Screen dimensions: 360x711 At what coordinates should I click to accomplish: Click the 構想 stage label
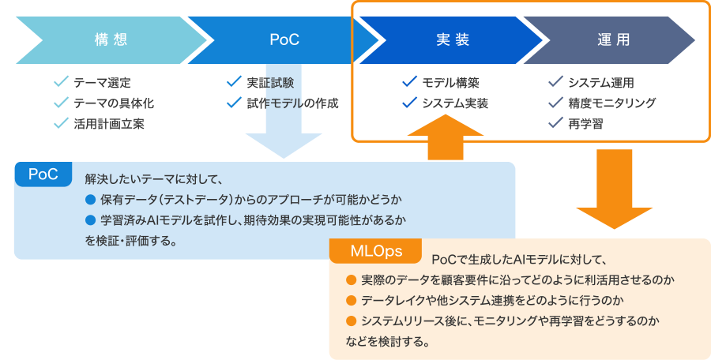(x=110, y=39)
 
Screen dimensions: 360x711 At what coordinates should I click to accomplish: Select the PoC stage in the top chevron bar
(x=284, y=39)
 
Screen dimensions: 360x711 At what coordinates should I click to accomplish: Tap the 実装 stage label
(x=453, y=39)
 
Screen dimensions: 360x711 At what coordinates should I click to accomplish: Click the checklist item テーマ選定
(x=102, y=82)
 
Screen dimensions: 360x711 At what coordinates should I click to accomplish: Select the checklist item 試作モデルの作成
(x=292, y=103)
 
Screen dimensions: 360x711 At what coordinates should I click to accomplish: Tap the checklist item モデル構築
(x=450, y=82)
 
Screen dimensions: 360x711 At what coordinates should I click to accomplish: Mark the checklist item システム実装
(x=454, y=103)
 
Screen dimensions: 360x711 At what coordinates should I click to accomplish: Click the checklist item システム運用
(x=600, y=82)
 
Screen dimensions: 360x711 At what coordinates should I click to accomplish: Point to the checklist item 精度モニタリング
(x=611, y=103)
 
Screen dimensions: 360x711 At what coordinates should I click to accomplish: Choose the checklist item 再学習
(x=584, y=123)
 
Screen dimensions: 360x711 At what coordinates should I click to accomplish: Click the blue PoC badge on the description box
(x=43, y=174)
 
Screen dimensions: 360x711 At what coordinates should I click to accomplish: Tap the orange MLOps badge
(x=377, y=251)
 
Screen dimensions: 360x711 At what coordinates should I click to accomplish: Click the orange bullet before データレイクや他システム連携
(x=352, y=300)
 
